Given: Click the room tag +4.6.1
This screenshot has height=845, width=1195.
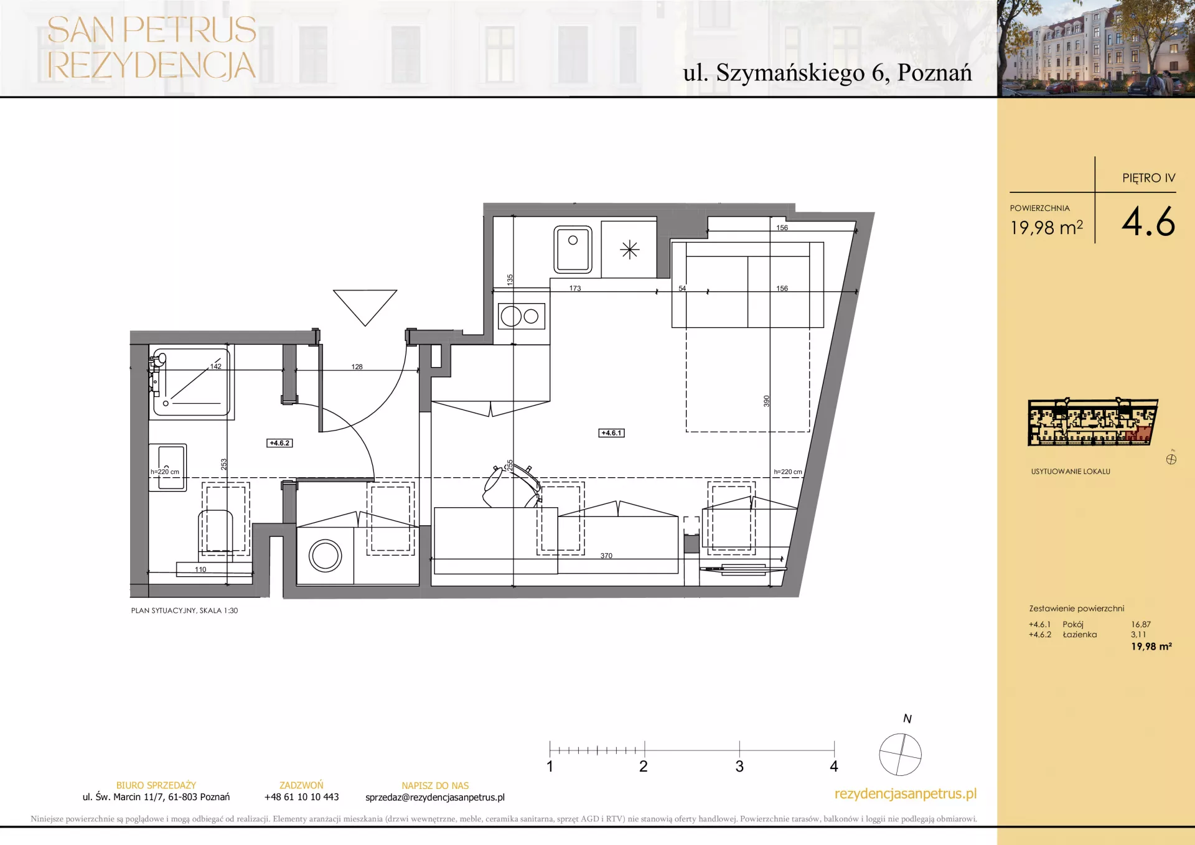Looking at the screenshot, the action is (611, 433).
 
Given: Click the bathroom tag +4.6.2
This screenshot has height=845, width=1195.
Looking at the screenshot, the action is (279, 443).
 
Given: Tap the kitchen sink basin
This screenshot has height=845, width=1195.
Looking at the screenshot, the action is (573, 250).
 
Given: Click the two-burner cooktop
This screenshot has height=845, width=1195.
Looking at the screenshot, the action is (522, 316).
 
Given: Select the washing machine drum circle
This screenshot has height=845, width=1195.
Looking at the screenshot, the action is (326, 556).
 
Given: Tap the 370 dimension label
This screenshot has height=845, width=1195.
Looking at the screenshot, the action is (606, 556).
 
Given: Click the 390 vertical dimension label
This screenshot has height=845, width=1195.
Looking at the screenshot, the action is (767, 401).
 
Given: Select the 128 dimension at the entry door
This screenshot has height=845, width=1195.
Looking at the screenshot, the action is (357, 366).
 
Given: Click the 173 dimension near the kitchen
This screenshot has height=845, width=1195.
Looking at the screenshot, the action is (575, 288).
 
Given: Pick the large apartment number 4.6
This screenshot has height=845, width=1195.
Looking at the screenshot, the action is (1148, 222).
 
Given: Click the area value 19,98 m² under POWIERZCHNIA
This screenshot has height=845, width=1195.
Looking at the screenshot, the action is (1046, 228).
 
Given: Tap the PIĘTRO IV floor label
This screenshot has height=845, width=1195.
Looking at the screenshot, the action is (1149, 178).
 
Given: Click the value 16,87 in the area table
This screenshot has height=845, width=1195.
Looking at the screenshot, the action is (1141, 624).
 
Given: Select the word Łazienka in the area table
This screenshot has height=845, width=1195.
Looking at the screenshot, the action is (1080, 635).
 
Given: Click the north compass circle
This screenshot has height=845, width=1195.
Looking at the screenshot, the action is (900, 755).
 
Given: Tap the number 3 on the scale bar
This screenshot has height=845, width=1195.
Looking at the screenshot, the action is (739, 767).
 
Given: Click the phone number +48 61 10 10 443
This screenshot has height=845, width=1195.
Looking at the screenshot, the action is (301, 797).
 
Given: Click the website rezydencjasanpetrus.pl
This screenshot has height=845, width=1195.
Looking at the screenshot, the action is (906, 794).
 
